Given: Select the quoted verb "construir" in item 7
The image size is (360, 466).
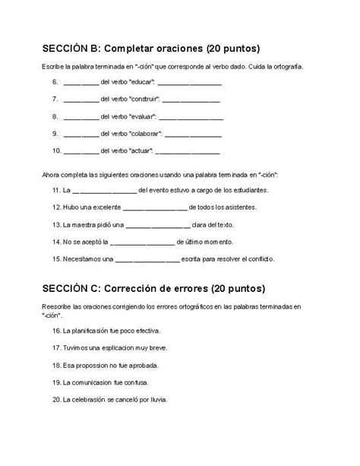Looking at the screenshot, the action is pyautogui.click(x=144, y=99).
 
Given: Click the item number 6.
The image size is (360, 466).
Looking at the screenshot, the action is pyautogui.click(x=55, y=81).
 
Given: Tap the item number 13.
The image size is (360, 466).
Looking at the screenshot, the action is pyautogui.click(x=56, y=224).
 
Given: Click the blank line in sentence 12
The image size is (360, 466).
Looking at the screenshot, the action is pyautogui.click(x=154, y=208).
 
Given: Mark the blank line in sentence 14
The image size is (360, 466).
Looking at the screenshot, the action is pyautogui.click(x=142, y=243).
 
